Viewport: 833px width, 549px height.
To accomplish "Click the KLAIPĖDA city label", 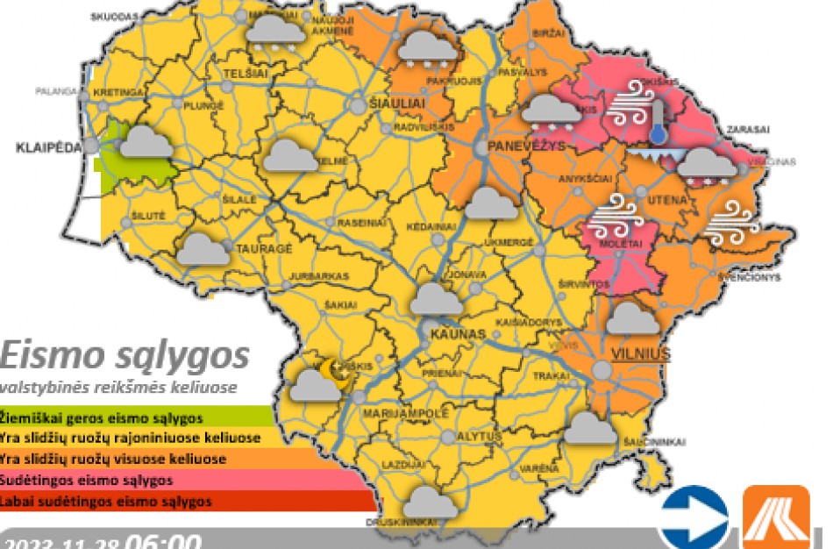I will [50, 148].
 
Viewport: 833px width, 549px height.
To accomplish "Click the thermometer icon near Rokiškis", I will [657, 121].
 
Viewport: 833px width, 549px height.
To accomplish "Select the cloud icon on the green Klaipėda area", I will [146, 142].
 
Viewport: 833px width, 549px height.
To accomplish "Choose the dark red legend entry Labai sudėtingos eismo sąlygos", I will [107, 503].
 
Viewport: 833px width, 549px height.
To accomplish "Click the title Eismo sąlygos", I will [125, 357].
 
